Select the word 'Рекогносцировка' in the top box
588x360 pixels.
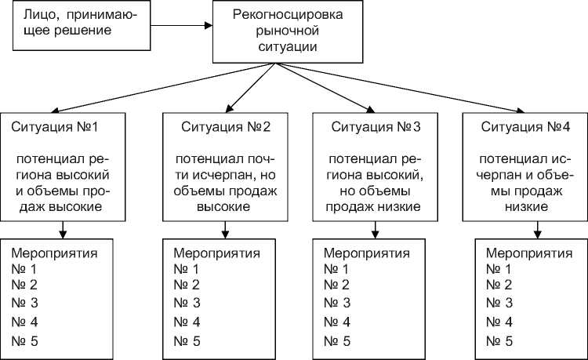(x=278, y=16)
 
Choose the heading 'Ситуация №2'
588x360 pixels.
(x=226, y=126)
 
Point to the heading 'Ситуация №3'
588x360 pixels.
(x=376, y=126)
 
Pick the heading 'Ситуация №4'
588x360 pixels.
(x=524, y=126)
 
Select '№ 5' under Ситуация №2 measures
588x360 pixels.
(x=187, y=340)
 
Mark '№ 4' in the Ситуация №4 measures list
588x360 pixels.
(x=499, y=322)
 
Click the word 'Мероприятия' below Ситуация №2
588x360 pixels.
(x=215, y=253)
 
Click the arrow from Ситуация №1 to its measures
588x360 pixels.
(x=63, y=228)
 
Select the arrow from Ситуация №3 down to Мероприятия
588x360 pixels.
(x=376, y=228)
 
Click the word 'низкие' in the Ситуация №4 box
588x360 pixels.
(x=524, y=207)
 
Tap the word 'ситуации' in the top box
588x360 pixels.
(x=278, y=47)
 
